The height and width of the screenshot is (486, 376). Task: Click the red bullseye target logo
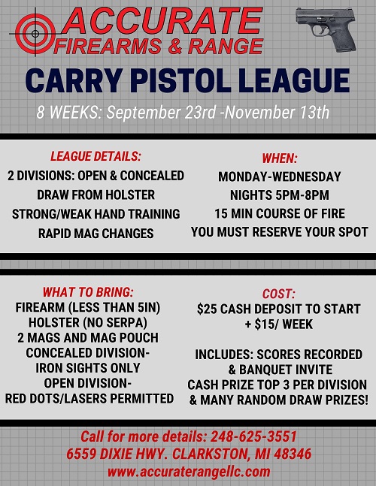(x=35, y=34)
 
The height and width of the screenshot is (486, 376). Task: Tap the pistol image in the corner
(x=326, y=29)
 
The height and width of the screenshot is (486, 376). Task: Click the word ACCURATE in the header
(x=162, y=21)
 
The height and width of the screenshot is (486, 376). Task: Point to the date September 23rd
(x=161, y=113)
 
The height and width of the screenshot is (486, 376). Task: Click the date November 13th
(x=277, y=112)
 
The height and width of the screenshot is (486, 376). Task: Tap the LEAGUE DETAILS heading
(x=96, y=156)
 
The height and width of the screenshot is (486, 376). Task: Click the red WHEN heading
(x=280, y=158)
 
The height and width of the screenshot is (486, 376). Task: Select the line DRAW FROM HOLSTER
(x=96, y=195)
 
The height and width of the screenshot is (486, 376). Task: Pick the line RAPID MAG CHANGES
(x=96, y=234)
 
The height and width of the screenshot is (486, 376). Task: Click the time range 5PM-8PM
(x=301, y=195)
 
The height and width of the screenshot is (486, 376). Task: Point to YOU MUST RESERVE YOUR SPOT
(x=280, y=232)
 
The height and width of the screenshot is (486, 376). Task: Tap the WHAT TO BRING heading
(x=88, y=292)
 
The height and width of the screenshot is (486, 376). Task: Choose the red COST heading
(x=278, y=294)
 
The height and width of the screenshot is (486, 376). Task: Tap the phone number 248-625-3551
(x=253, y=436)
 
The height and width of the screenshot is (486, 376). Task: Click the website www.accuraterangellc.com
(x=189, y=472)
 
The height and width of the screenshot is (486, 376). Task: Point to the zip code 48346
(x=293, y=454)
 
